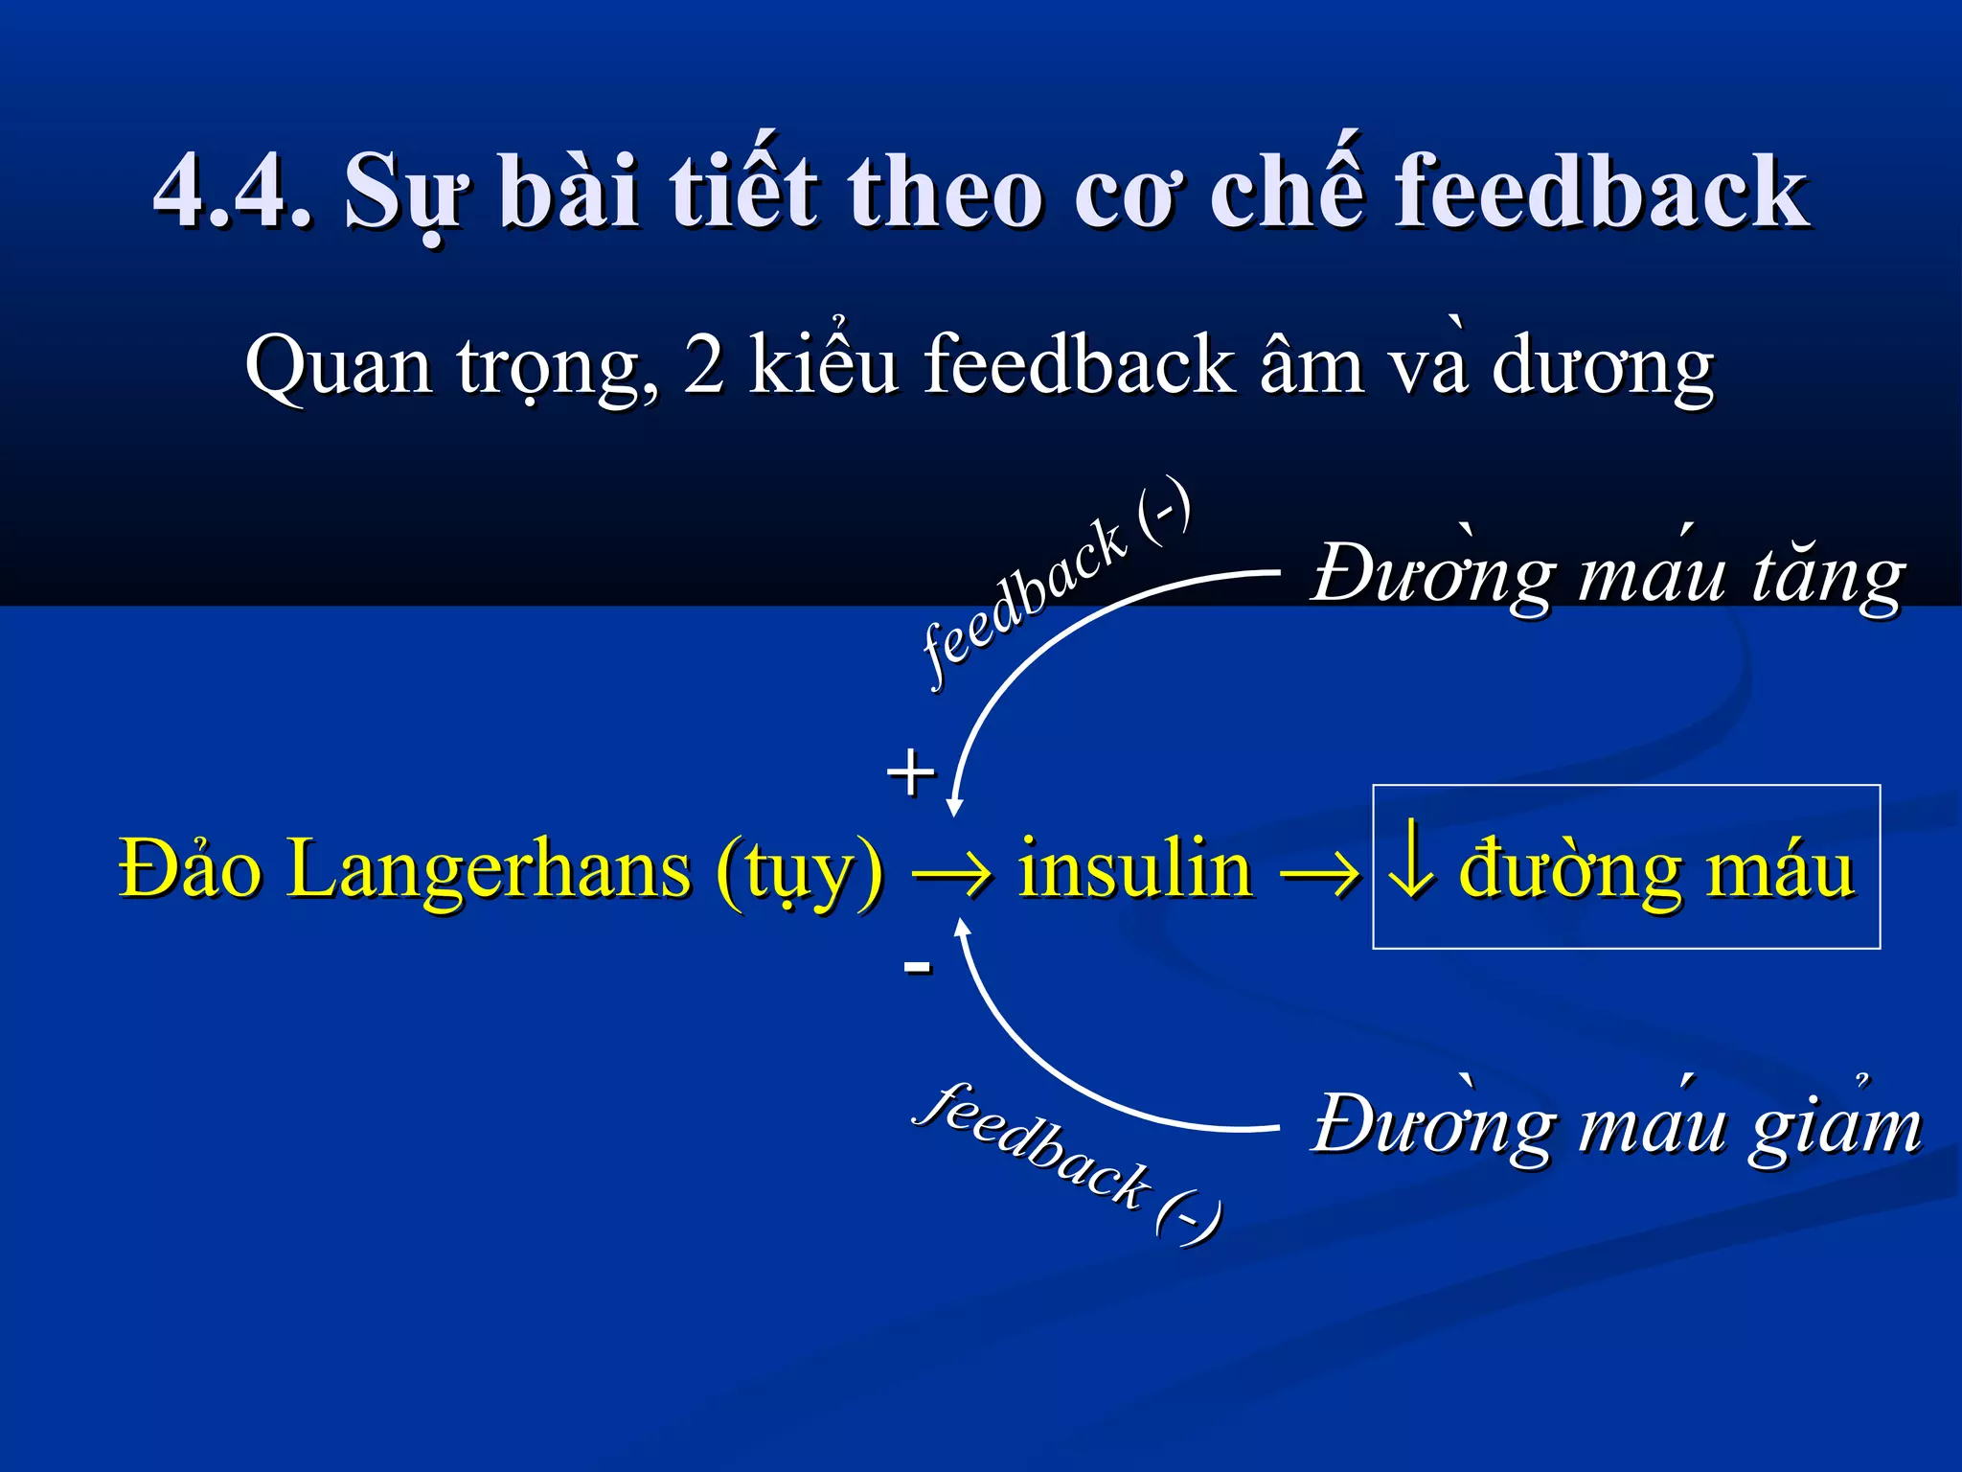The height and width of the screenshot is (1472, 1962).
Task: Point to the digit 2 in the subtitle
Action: tap(703, 366)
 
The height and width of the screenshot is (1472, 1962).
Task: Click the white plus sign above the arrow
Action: tap(910, 772)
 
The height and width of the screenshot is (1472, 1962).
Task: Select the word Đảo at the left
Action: tap(190, 868)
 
